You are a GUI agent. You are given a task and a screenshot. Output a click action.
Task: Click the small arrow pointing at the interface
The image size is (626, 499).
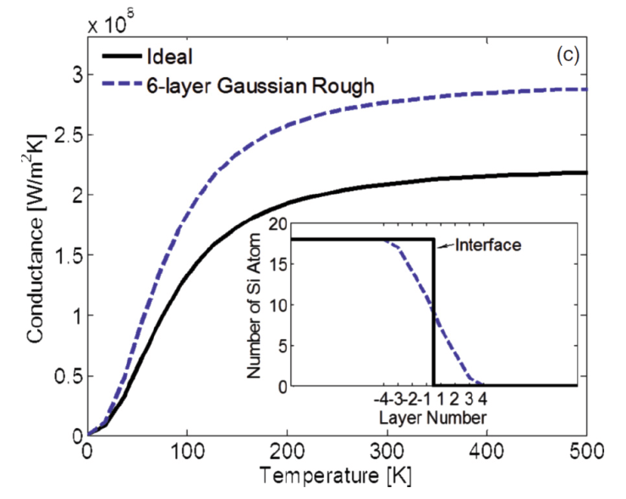(446, 245)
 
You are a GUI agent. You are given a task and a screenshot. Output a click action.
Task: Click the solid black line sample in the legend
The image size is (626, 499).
(119, 58)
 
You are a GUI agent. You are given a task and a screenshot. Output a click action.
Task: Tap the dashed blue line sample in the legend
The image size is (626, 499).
(119, 85)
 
